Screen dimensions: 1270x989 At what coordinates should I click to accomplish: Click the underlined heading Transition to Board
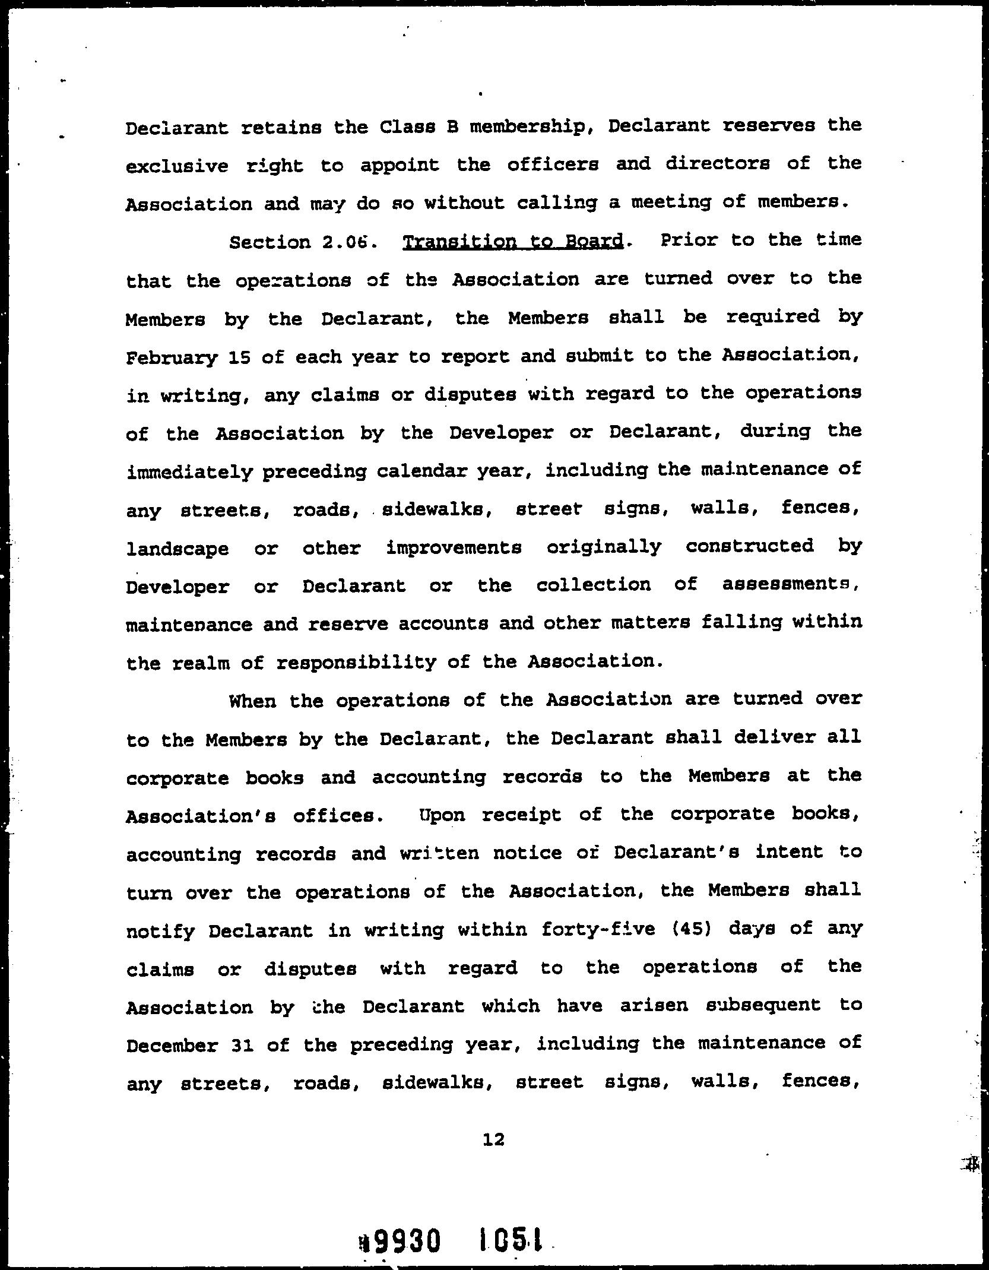pos(513,242)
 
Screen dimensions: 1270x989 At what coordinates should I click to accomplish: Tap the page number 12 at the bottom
pos(494,1139)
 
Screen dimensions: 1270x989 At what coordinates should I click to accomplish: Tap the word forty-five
pos(598,928)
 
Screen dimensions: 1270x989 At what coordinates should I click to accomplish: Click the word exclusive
pos(177,165)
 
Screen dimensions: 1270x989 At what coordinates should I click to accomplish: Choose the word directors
pos(717,163)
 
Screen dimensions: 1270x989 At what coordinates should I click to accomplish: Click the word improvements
pos(454,547)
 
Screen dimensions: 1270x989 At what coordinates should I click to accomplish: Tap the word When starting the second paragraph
pos(252,701)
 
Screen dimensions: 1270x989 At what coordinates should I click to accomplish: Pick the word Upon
pos(442,815)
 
